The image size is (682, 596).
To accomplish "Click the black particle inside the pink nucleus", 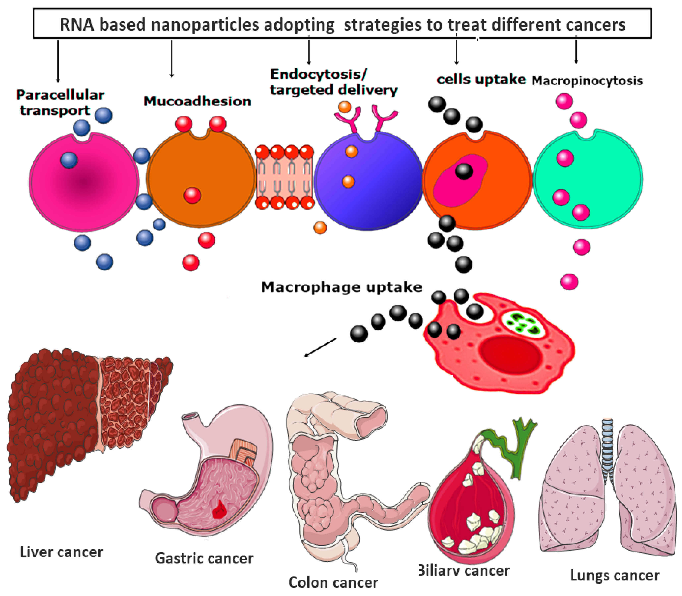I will coord(464,171).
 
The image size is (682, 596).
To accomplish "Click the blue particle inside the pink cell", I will coord(69,160).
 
